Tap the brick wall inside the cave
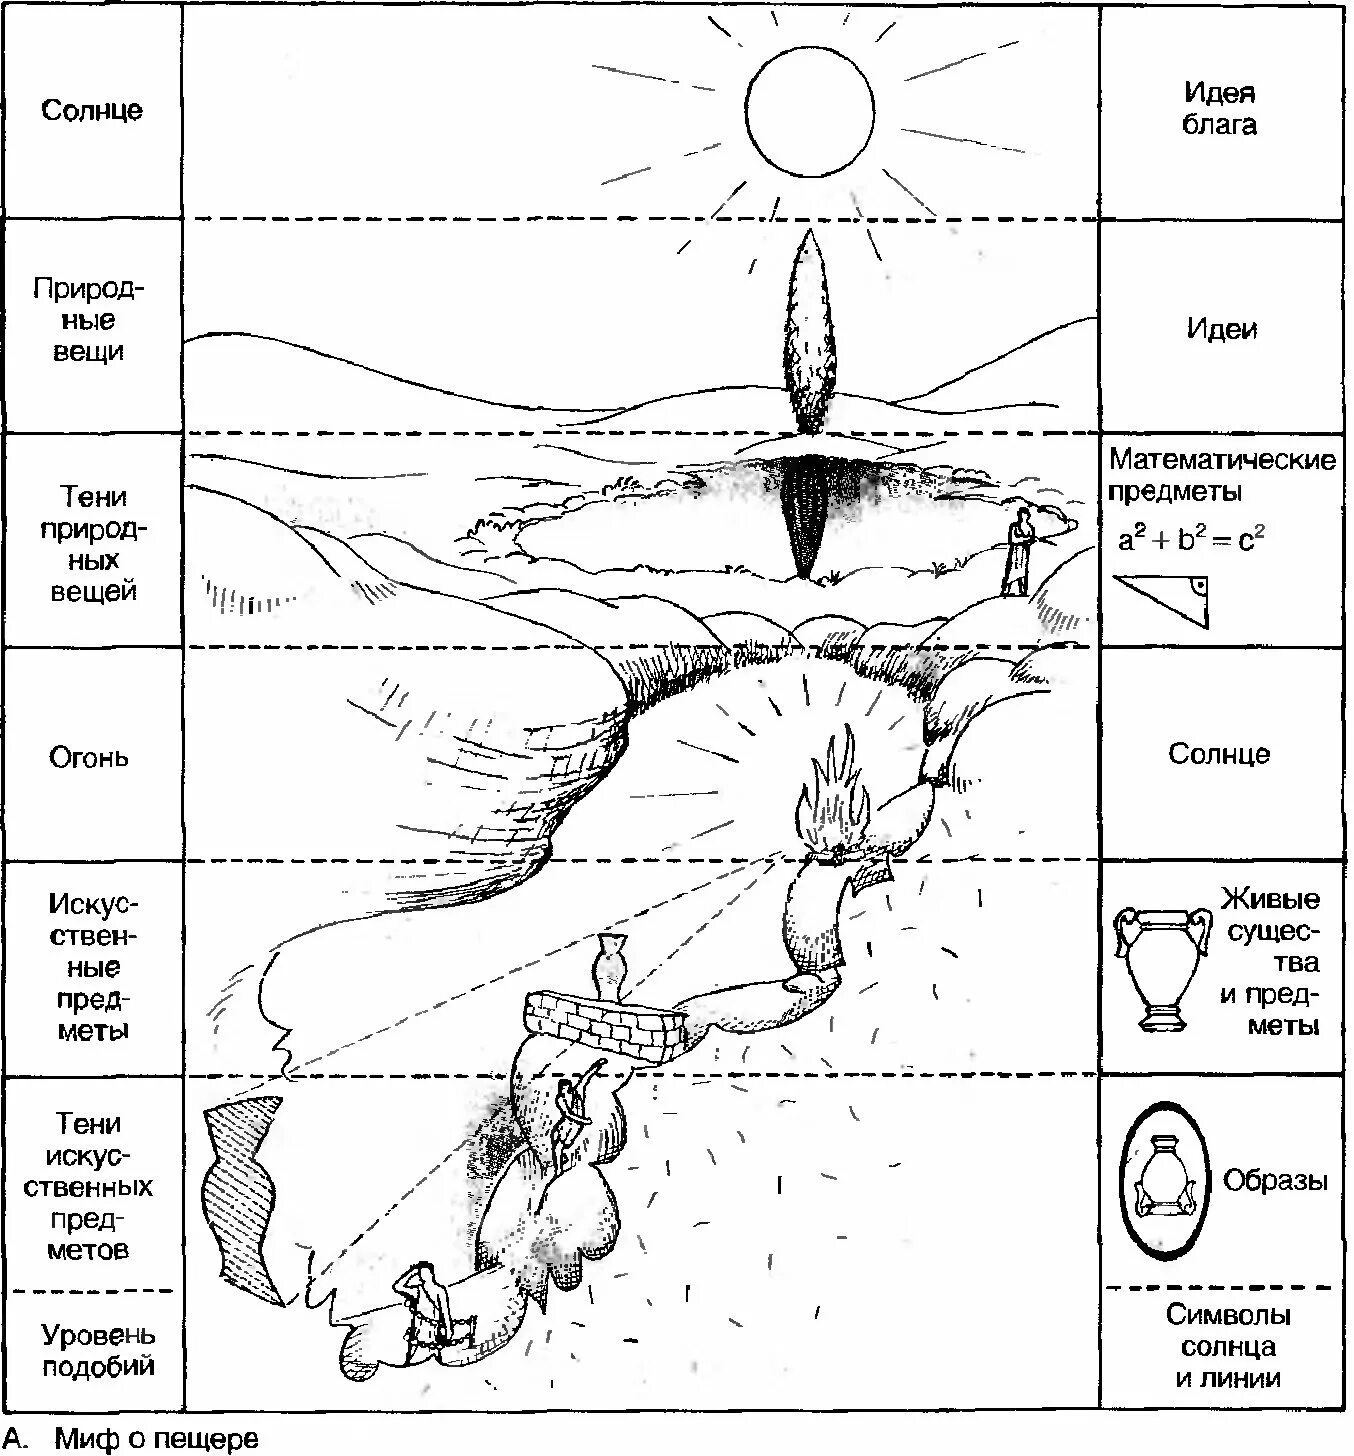coord(606,1021)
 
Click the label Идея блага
coord(1219,109)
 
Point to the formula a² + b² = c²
coord(1191,540)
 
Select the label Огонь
coord(89,756)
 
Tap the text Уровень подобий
coord(97,1350)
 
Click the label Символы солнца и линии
coord(1227,1346)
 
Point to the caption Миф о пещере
coord(155,1439)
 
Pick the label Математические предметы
coord(1221,475)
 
